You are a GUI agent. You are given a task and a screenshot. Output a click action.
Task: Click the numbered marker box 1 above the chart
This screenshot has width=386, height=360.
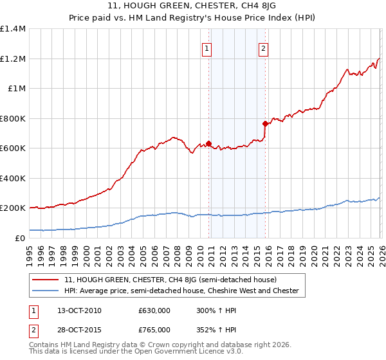point(207,48)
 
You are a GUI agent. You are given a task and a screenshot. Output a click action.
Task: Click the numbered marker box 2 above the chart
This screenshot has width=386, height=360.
point(264,48)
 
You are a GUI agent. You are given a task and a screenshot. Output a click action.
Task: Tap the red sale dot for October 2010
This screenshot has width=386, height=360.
point(208,143)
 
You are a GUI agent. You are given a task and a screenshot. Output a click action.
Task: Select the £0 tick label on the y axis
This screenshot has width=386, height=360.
point(19,238)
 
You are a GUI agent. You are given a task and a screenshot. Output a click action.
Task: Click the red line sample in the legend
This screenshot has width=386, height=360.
point(46,280)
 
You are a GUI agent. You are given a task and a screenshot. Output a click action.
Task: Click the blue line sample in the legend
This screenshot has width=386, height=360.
point(46,291)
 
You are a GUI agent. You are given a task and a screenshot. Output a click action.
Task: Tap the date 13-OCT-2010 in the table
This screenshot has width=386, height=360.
point(75,310)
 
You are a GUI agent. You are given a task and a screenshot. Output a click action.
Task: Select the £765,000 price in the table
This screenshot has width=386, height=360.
point(154,330)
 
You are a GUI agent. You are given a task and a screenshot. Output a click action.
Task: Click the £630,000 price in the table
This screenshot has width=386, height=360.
point(154,310)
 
